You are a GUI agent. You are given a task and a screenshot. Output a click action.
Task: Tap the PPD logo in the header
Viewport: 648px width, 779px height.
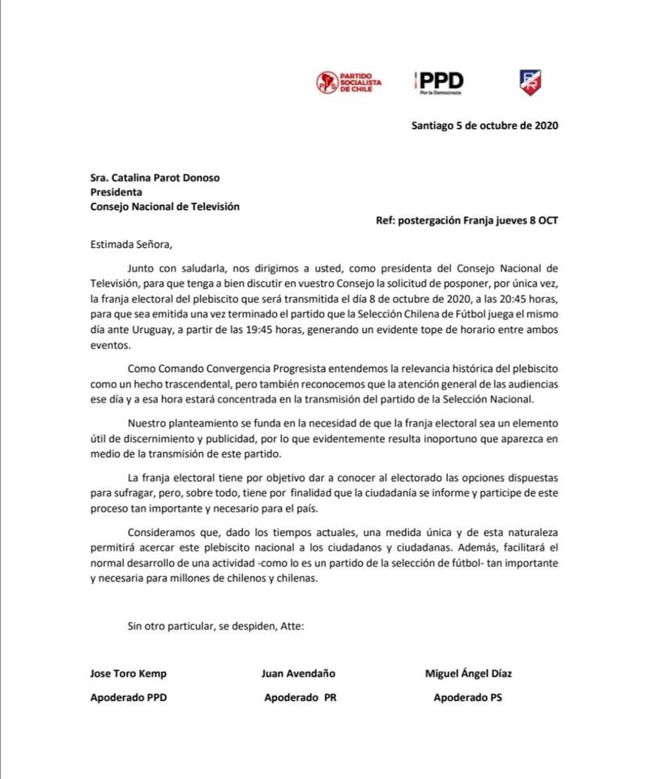pyautogui.click(x=437, y=80)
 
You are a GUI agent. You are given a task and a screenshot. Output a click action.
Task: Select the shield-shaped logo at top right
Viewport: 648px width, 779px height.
pyautogui.click(x=531, y=80)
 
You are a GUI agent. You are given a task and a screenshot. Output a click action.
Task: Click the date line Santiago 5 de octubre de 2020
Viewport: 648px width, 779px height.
pyautogui.click(x=484, y=126)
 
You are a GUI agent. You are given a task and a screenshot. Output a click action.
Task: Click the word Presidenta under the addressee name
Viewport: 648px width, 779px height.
pyautogui.click(x=117, y=192)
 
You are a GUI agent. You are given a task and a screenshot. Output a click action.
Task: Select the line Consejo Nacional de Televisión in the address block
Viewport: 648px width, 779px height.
pyautogui.click(x=165, y=206)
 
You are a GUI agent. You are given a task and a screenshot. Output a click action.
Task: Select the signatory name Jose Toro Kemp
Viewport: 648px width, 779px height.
pyautogui.click(x=128, y=674)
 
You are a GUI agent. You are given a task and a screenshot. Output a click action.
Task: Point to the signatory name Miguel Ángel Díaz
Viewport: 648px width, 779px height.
pyautogui.click(x=469, y=674)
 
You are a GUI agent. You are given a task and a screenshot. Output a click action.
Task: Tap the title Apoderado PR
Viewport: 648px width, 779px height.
pyautogui.click(x=300, y=697)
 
